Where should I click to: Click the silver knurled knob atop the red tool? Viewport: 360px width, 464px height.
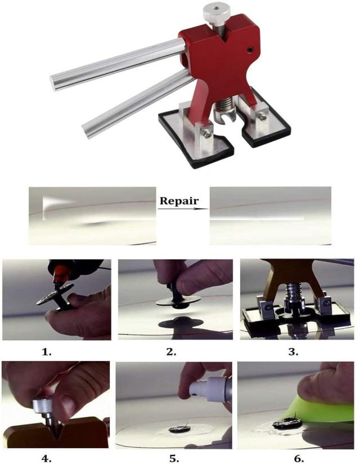pyautogui.click(x=217, y=12)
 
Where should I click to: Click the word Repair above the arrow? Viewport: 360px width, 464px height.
pyautogui.click(x=179, y=201)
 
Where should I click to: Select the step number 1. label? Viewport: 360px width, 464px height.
pyautogui.click(x=47, y=352)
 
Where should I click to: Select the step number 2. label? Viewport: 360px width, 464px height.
pyautogui.click(x=172, y=352)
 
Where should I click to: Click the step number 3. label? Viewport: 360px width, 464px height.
pyautogui.click(x=293, y=352)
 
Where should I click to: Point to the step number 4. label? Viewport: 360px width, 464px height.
pyautogui.click(x=46, y=458)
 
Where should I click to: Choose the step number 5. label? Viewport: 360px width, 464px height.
pyautogui.click(x=174, y=458)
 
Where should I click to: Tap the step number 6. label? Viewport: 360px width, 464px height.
pyautogui.click(x=299, y=458)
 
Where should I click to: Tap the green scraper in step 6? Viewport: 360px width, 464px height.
pyautogui.click(x=322, y=409)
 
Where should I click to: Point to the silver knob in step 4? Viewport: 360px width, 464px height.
pyautogui.click(x=43, y=405)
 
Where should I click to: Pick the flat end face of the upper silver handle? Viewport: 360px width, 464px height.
pyautogui.click(x=55, y=83)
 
